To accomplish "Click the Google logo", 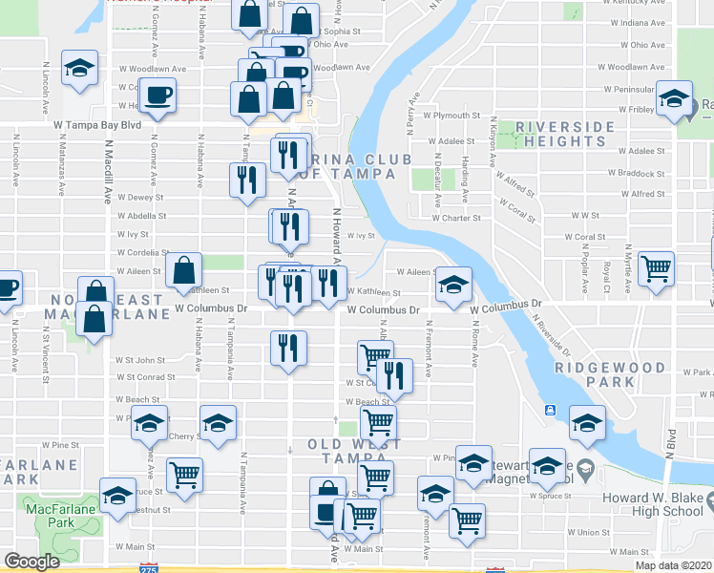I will coord(32,562).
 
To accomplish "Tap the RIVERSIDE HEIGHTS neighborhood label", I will coord(562,134).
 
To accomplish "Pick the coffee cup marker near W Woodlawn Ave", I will coord(156,95).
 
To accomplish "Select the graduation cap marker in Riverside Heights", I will coord(674,100).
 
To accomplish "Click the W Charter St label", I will coord(456,218).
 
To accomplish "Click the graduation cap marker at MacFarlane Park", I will coord(117,497).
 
